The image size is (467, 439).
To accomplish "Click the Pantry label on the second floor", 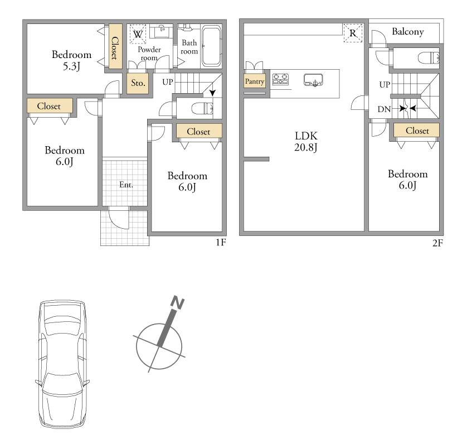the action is point(254,81).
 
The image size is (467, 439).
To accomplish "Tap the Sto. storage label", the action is point(138,83).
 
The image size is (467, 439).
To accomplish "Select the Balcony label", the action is point(408,32).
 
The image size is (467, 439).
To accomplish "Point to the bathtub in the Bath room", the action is point(211,46).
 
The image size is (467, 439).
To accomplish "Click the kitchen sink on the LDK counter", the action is point(313,80).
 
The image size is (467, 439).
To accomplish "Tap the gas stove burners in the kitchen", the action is point(280,79).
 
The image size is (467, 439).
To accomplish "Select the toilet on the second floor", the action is point(429,57).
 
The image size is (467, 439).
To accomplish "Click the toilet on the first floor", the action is point(202,108).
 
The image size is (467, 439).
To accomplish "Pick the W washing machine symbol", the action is point(138,35).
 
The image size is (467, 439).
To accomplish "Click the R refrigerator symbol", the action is point(353,33).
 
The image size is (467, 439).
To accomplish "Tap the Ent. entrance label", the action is point(126,185).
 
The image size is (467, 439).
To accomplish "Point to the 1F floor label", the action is point(221,243).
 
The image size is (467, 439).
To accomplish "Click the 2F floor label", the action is point(438,243).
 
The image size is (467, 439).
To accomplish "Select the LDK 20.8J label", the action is point(306,142).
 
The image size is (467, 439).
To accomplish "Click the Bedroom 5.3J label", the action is point(71,60).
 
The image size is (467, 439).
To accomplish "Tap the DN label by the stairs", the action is point(384,109).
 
